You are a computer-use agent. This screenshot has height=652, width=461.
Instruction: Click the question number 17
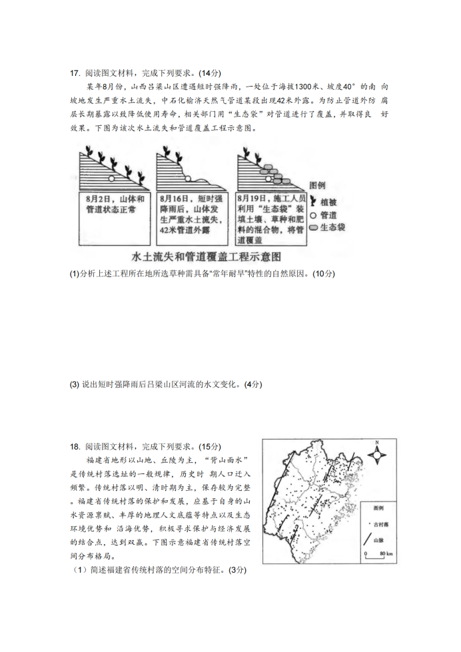point(74,73)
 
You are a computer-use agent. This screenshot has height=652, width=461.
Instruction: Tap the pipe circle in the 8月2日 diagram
point(112,178)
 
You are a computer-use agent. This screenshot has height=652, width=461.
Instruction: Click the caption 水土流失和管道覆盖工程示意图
point(207,256)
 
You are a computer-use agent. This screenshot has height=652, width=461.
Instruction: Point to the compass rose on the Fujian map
point(378,456)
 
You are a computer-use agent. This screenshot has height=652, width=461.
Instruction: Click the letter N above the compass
point(377,443)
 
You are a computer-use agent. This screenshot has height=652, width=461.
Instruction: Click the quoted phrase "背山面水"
point(223,460)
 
